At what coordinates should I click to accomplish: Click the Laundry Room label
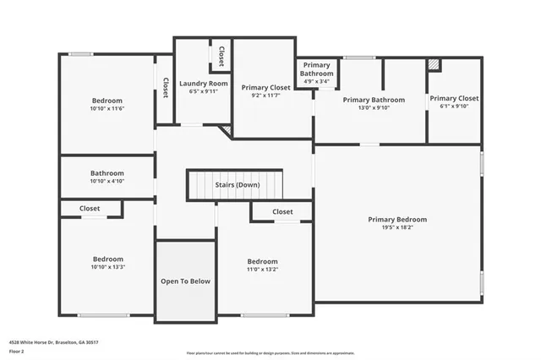(x=203, y=84)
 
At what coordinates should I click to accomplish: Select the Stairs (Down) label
(x=237, y=184)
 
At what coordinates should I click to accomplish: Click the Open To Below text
(x=186, y=281)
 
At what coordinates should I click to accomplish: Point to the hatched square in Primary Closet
(x=434, y=64)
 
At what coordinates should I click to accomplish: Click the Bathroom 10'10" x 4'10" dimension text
(x=107, y=181)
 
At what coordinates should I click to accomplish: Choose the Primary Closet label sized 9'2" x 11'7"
(x=265, y=87)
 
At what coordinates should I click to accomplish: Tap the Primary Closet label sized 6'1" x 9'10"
(x=454, y=99)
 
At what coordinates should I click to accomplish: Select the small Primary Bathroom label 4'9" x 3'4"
(x=317, y=69)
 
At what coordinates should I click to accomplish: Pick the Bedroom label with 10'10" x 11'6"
(x=107, y=101)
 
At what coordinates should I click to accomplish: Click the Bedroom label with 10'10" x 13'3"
(x=107, y=259)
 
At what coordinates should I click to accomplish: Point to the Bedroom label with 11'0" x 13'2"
(x=262, y=262)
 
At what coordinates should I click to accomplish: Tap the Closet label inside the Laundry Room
(x=221, y=57)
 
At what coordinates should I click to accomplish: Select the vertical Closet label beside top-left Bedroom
(x=165, y=89)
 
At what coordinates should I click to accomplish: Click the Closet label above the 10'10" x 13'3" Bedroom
(x=90, y=208)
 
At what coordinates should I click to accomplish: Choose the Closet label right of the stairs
(x=282, y=211)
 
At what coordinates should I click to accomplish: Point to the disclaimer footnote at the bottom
(x=270, y=352)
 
